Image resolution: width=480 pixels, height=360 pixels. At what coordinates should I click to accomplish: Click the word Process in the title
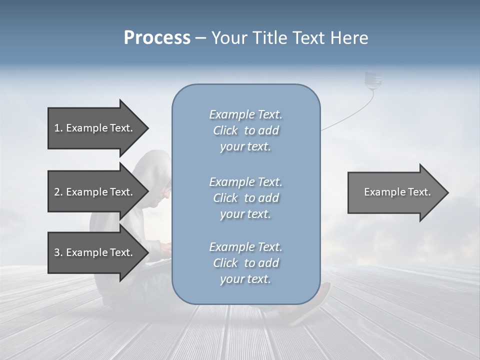coord(157,38)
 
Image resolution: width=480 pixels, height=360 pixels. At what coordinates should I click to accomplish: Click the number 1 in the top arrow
coord(57,128)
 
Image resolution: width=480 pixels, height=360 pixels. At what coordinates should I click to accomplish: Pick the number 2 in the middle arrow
coord(57,192)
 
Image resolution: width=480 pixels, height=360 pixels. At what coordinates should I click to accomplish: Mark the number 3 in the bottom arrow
coord(57,252)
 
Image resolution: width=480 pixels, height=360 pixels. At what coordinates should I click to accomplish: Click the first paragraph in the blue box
coord(245,130)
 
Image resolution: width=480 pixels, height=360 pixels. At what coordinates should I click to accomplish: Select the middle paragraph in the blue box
coord(245,197)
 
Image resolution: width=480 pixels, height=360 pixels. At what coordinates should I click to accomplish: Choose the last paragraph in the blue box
coord(245,263)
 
